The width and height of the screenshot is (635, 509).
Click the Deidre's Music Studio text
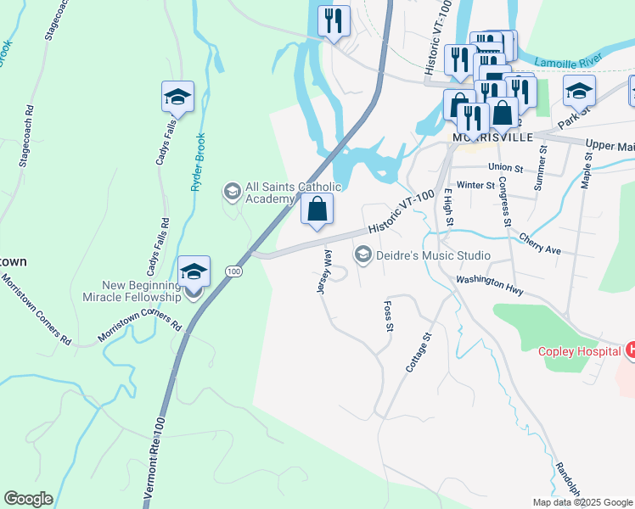pyautogui.click(x=433, y=255)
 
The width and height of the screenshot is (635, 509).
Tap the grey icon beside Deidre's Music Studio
pyautogui.click(x=363, y=255)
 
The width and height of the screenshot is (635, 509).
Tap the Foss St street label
pyautogui.click(x=389, y=315)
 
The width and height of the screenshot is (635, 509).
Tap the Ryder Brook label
pyautogui.click(x=198, y=161)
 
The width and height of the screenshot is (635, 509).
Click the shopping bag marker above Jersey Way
pyautogui.click(x=317, y=209)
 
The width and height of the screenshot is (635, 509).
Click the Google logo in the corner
pyautogui.click(x=28, y=499)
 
